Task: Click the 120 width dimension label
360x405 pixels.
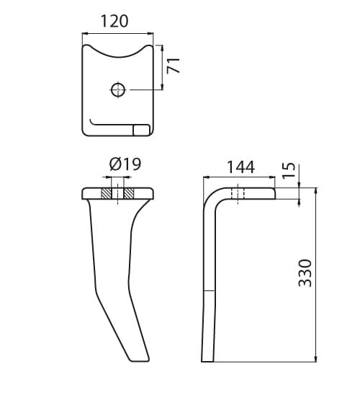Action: pos(114,21)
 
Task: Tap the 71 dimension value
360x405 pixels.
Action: pos(174,66)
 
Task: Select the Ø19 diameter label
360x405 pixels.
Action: pos(125,164)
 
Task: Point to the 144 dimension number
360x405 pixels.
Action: pos(240,167)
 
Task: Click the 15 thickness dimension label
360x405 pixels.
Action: pos(289,170)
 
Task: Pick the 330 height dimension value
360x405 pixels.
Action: pos(305,273)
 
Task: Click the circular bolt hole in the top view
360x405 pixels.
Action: pos(118,90)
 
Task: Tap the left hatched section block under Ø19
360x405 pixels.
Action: pos(107,194)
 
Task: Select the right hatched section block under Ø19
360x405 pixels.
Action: pos(128,194)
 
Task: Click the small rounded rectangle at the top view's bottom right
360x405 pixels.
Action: pos(141,130)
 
